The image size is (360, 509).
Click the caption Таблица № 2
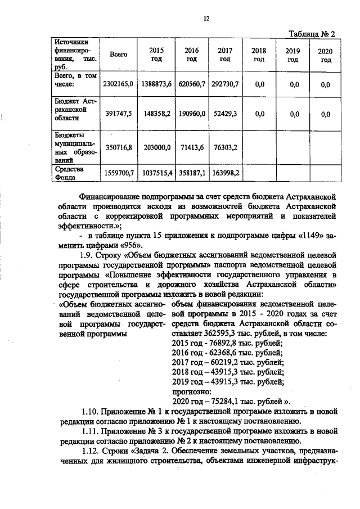pos(312,34)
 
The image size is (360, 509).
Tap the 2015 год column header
pos(156,55)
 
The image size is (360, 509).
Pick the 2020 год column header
pos(325,56)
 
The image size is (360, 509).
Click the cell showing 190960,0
pos(191,113)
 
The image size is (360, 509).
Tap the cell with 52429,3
pos(225,113)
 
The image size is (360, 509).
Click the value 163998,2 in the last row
pos(225,174)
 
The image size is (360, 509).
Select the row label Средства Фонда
pos(69,174)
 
